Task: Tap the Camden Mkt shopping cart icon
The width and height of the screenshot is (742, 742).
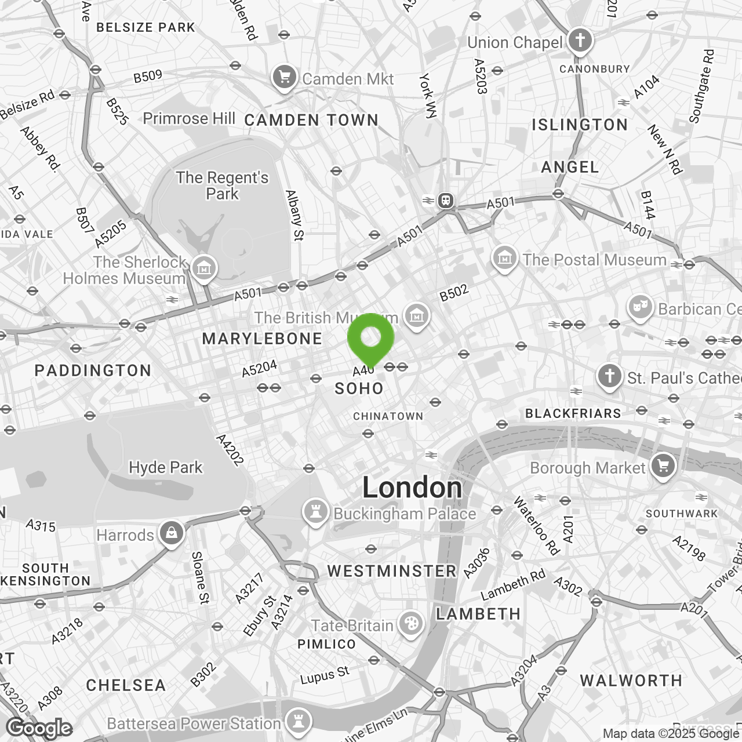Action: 284,78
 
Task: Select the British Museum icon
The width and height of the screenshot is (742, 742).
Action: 416,317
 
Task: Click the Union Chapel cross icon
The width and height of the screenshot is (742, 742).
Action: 580,41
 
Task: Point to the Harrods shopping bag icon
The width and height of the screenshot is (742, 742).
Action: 171,533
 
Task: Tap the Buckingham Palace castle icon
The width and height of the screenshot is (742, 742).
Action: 316,512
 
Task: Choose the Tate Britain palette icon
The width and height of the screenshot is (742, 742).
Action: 410,625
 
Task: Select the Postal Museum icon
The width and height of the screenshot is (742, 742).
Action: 504,259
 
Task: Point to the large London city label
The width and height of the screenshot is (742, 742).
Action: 412,488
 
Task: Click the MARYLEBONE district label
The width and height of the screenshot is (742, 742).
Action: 262,339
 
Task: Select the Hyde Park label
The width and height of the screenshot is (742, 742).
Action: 166,467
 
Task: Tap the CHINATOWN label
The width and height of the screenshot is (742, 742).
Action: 388,416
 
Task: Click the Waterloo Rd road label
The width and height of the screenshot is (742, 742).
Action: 537,525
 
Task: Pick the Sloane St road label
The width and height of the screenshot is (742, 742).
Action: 200,577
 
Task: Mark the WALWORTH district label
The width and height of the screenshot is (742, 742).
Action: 631,681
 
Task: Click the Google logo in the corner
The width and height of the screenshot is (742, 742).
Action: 39,728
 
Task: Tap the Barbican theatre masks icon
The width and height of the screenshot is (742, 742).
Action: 640,308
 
